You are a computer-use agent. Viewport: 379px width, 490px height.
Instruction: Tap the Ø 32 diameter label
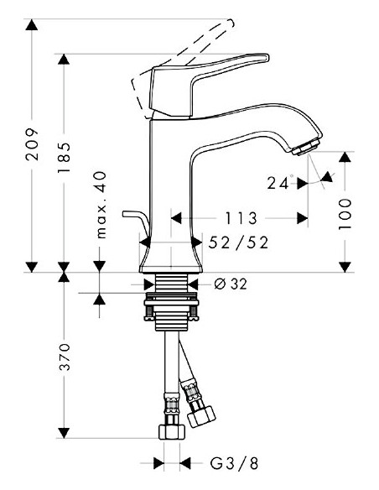[x=231, y=284]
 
